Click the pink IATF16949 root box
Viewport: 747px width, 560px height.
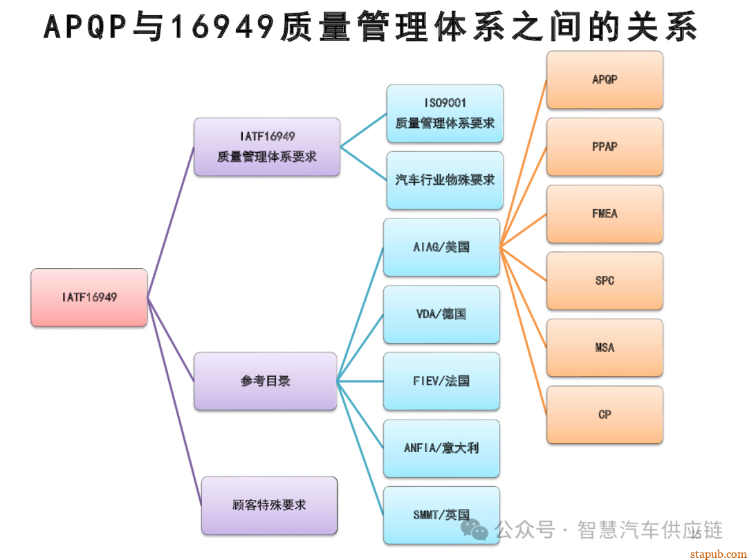89,297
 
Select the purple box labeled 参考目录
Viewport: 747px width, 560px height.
266,381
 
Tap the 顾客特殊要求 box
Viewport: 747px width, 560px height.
269,505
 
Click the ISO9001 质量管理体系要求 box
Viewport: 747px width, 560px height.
445,113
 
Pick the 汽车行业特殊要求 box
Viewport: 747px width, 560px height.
445,180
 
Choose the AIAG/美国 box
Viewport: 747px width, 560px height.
441,247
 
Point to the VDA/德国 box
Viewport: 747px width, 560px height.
441,314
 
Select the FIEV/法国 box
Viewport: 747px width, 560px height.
441,381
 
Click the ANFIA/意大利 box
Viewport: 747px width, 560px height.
441,448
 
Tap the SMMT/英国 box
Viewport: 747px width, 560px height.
441,514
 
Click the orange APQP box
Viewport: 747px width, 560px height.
605,80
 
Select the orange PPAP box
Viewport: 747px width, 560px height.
605,147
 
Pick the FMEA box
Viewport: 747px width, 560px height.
605,214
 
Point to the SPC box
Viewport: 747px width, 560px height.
605,281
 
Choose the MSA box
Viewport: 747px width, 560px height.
605,348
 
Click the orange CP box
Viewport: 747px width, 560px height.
605,415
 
